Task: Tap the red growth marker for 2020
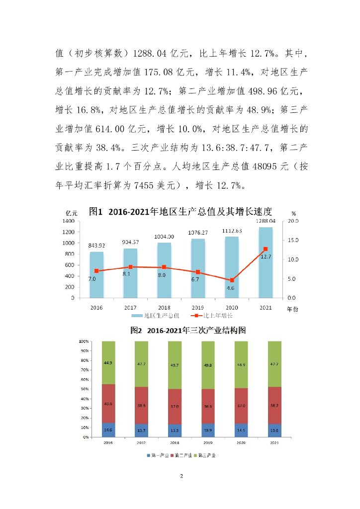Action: pos(232,280)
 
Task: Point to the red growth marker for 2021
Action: pos(266,249)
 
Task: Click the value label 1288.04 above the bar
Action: pos(266,220)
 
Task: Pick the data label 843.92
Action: pos(96,245)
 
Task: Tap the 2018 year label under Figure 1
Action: pos(164,308)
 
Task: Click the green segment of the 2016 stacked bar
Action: pos(108,362)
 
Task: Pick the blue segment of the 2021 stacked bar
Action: pos(274,430)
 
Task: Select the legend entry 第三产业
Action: pos(207,455)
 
